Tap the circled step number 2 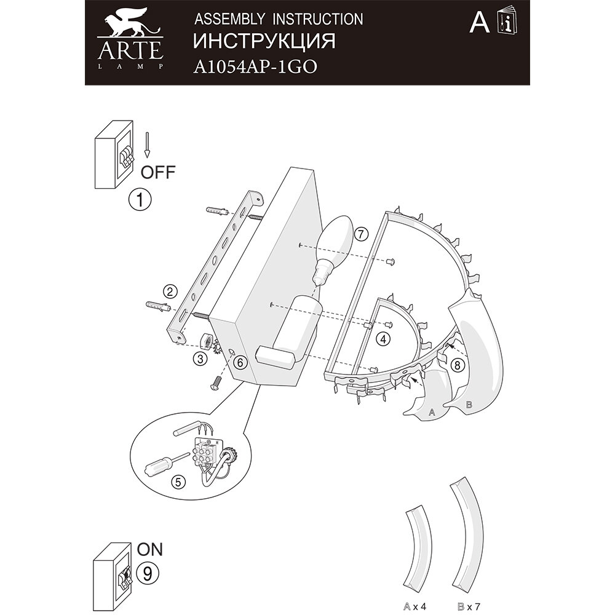tap(170, 292)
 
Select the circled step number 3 tap(199, 360)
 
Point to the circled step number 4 tap(383, 338)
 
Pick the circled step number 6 tap(240, 363)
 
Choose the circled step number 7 tap(361, 234)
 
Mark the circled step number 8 tap(456, 365)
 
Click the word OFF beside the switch tap(158, 172)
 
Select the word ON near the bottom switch tap(150, 548)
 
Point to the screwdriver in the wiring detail tap(164, 462)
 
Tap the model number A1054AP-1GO tap(255, 67)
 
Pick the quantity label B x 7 tap(464, 606)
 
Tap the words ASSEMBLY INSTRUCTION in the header tap(278, 19)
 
